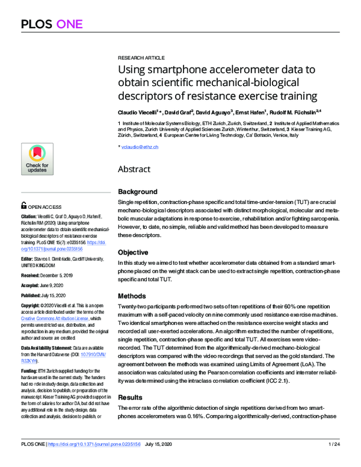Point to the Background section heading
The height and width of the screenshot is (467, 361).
click(x=141, y=191)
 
